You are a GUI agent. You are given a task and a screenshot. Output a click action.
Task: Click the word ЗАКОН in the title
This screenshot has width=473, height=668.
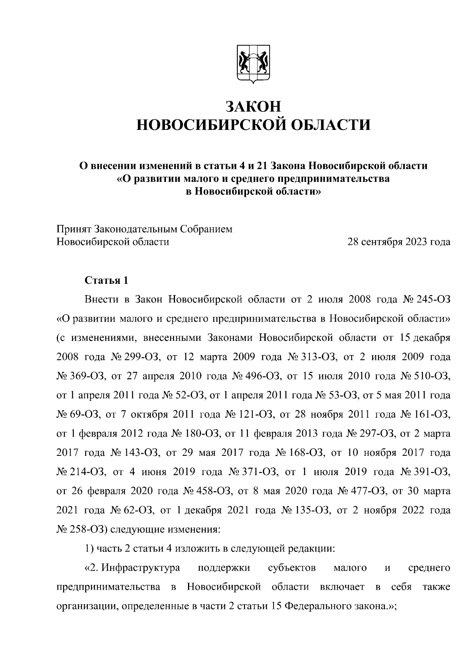[253, 107]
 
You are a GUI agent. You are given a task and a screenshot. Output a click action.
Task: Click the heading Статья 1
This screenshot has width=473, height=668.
[106, 281]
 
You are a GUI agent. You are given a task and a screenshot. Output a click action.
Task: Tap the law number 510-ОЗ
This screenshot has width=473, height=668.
[433, 376]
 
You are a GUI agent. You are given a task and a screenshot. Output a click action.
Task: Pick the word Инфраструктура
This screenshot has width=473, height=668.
[140, 568]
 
